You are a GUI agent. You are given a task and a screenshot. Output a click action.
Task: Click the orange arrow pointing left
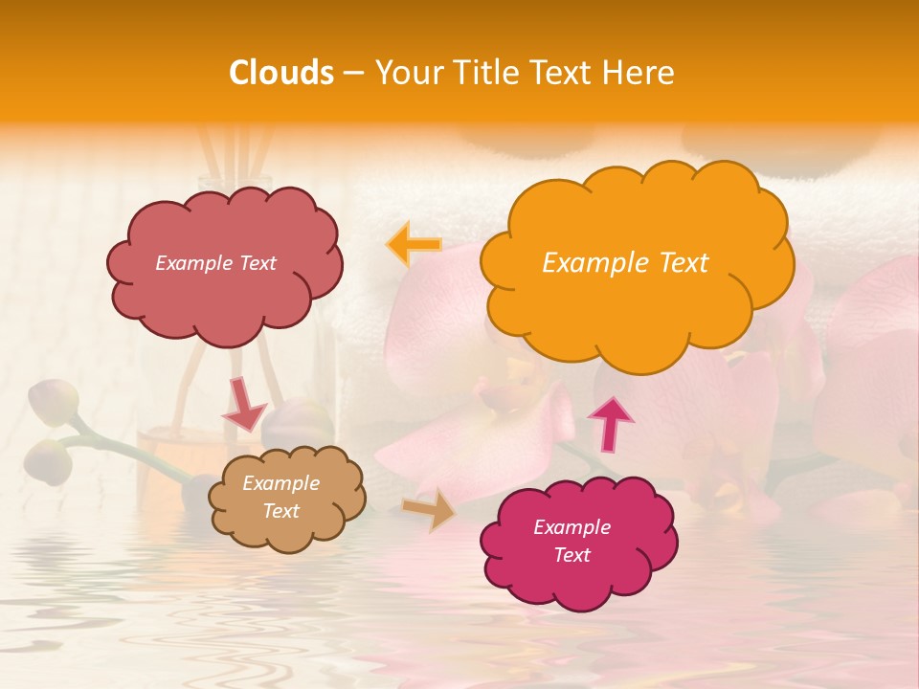tap(414, 244)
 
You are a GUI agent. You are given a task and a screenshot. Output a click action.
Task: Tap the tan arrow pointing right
tap(430, 510)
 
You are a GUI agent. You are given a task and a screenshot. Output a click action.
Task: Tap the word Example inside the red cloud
tap(194, 263)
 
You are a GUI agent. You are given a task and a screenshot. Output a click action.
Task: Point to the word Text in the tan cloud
tap(281, 511)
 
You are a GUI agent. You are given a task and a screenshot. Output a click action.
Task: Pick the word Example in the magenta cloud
tap(572, 527)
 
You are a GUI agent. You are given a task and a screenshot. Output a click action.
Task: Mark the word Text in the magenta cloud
tap(572, 555)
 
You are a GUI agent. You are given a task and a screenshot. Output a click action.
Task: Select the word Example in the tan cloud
tap(281, 483)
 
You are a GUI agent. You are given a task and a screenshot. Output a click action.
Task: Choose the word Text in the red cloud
tap(257, 263)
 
